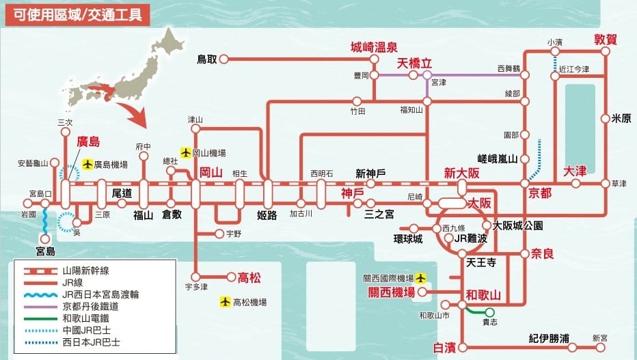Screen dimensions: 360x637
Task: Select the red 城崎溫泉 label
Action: (x=373, y=47)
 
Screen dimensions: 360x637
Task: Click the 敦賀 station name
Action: (x=605, y=40)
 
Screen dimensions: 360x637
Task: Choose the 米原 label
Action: (x=621, y=118)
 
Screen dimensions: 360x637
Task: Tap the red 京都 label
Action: (x=540, y=193)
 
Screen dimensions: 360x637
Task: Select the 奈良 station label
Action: (x=541, y=253)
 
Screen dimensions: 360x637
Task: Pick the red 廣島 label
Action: (x=88, y=141)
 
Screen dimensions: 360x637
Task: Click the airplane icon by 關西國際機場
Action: (x=421, y=279)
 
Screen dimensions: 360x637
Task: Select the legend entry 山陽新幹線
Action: (x=85, y=271)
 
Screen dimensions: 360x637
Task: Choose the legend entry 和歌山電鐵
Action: (x=85, y=317)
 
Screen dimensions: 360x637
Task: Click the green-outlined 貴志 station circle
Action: (x=489, y=312)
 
